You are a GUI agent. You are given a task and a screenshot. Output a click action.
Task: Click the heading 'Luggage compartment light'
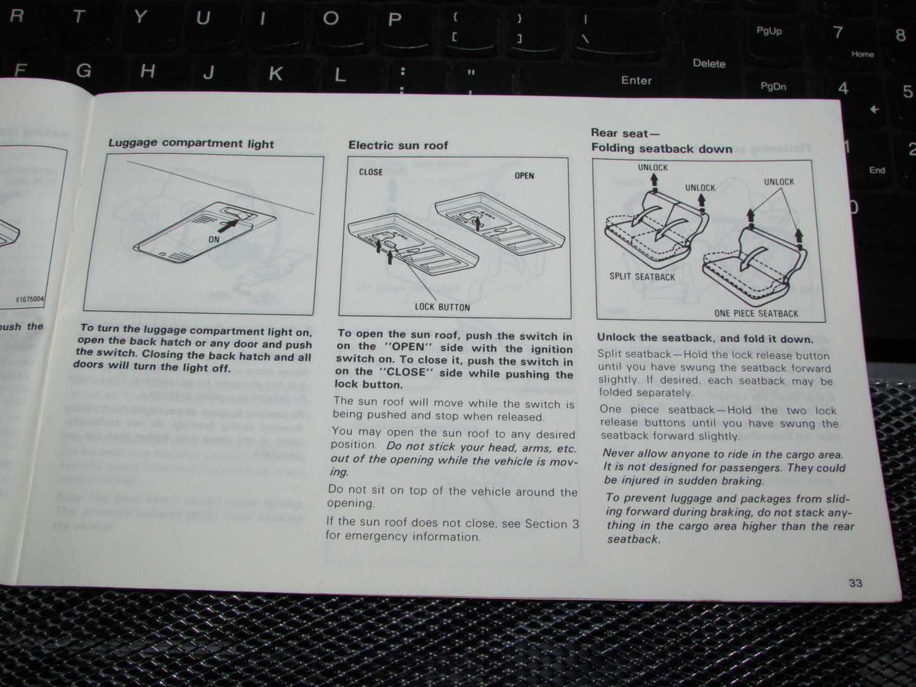click(x=191, y=143)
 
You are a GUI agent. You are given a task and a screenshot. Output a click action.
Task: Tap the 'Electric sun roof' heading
click(x=398, y=146)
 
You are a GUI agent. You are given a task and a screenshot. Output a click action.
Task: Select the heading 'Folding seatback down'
click(x=662, y=149)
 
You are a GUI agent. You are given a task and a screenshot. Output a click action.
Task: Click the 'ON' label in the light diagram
click(x=214, y=240)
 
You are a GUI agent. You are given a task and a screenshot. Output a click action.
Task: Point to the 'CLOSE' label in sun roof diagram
click(x=371, y=172)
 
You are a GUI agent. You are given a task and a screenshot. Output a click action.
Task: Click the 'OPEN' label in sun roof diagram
click(x=524, y=176)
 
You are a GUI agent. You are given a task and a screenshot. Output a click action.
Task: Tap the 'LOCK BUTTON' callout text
click(x=442, y=307)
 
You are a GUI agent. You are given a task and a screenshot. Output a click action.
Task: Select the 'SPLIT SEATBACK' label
click(x=642, y=277)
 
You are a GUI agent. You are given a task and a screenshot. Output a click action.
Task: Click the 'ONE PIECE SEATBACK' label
click(x=756, y=314)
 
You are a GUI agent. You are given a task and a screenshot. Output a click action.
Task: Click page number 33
click(x=855, y=583)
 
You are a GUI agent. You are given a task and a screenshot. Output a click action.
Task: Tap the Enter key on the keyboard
click(x=636, y=80)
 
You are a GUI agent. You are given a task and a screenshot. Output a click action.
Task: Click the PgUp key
click(x=769, y=31)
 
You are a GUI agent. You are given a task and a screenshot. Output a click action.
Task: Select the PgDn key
click(x=773, y=87)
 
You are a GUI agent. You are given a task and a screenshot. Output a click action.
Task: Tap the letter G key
click(x=83, y=71)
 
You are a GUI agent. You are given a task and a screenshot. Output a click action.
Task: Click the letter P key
click(x=394, y=20)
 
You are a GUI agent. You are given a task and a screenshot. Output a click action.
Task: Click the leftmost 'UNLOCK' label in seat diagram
click(x=652, y=168)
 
